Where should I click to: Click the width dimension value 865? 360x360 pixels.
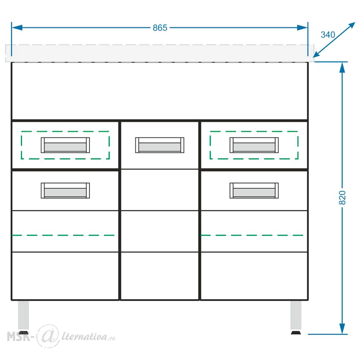click(x=160, y=28)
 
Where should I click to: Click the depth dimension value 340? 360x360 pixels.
click(x=328, y=35)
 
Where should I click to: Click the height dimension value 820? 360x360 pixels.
click(x=342, y=197)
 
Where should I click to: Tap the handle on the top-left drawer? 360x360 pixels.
click(x=65, y=145)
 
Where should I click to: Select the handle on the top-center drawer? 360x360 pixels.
click(x=159, y=145)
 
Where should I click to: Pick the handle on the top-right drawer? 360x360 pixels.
click(x=254, y=145)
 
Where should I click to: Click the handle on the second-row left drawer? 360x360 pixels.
click(x=65, y=190)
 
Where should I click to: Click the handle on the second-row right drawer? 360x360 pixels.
click(x=254, y=190)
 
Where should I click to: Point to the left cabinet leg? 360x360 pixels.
click(x=23, y=315)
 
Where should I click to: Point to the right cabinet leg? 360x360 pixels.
click(x=296, y=315)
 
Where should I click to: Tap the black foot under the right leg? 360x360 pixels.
click(x=296, y=332)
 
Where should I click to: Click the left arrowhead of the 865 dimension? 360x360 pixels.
click(x=17, y=28)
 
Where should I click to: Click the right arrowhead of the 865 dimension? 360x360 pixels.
click(x=302, y=28)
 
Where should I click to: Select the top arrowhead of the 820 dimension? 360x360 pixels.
click(x=342, y=68)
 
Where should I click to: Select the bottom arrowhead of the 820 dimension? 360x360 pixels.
click(x=342, y=329)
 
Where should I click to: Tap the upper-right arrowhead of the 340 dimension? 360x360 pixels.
click(x=351, y=26)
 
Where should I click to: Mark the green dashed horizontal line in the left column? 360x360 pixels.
click(x=63, y=235)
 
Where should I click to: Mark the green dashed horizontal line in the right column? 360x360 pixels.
click(x=252, y=235)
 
